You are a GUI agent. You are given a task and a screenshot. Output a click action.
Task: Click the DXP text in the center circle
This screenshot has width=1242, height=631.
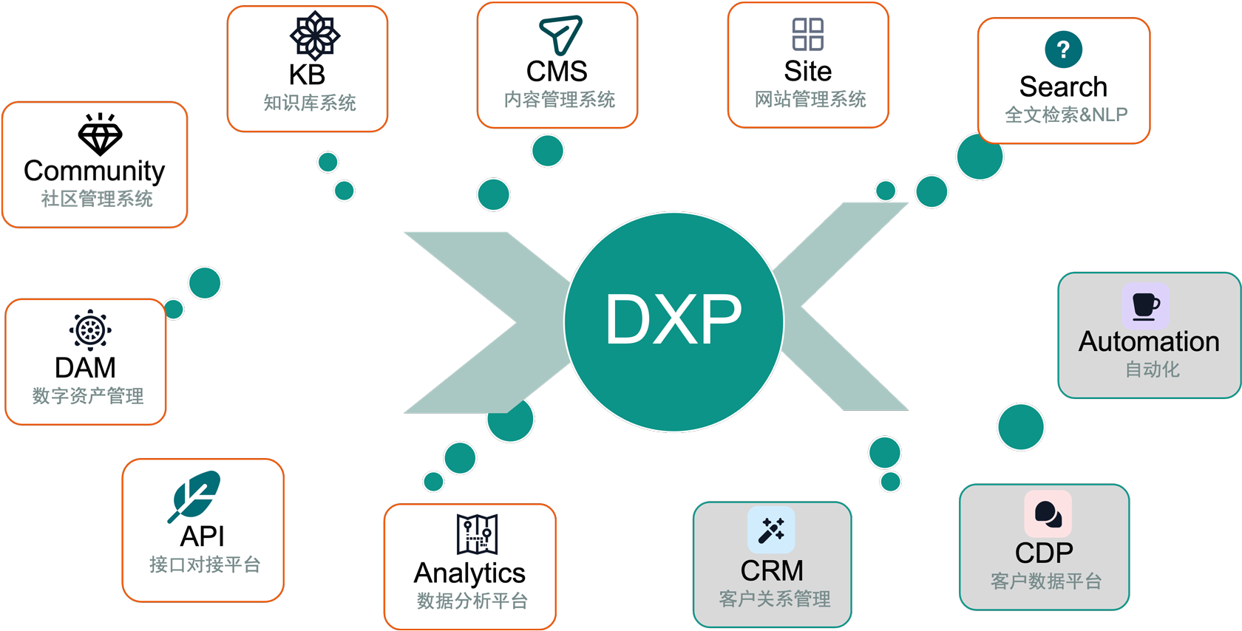tap(673, 319)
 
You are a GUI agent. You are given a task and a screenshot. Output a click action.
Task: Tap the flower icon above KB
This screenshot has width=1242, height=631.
tap(314, 35)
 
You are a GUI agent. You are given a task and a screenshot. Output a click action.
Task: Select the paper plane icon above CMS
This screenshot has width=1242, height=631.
tap(560, 34)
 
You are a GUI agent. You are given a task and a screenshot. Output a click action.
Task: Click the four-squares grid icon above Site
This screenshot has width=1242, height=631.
tap(807, 34)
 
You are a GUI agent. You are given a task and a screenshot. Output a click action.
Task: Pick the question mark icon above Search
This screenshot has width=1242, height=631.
tap(1063, 50)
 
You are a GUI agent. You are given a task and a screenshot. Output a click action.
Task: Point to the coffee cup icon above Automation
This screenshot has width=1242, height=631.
tap(1145, 305)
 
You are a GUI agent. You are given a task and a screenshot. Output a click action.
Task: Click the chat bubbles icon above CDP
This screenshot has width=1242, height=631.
tap(1048, 514)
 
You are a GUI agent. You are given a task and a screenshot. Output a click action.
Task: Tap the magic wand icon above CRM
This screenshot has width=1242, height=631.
tap(771, 530)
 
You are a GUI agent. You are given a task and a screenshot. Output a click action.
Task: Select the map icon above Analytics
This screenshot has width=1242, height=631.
tap(477, 534)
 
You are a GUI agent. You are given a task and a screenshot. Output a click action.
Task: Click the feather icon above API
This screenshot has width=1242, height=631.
tap(194, 495)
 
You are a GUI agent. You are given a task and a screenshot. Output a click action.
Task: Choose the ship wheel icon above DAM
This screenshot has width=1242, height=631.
tap(90, 330)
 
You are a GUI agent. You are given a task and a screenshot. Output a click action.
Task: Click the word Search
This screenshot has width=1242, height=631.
tap(1063, 87)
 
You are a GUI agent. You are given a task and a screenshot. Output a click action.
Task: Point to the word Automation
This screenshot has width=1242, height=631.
tap(1149, 341)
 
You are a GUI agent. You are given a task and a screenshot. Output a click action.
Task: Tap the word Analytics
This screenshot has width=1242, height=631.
tap(469, 573)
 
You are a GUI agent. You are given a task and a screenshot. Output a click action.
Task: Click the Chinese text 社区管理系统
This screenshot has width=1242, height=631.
tap(97, 199)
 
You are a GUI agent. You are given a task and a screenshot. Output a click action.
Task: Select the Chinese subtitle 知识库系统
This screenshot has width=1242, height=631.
tap(310, 103)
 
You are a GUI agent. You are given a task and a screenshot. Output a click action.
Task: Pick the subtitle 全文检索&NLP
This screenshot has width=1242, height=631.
tap(1066, 115)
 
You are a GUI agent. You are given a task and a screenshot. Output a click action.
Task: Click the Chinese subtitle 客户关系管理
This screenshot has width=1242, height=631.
tap(775, 598)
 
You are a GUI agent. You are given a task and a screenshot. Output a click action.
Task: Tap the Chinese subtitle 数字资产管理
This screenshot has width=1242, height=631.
tap(88, 396)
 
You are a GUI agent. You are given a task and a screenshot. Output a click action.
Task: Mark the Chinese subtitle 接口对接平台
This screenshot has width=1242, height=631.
tap(205, 565)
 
